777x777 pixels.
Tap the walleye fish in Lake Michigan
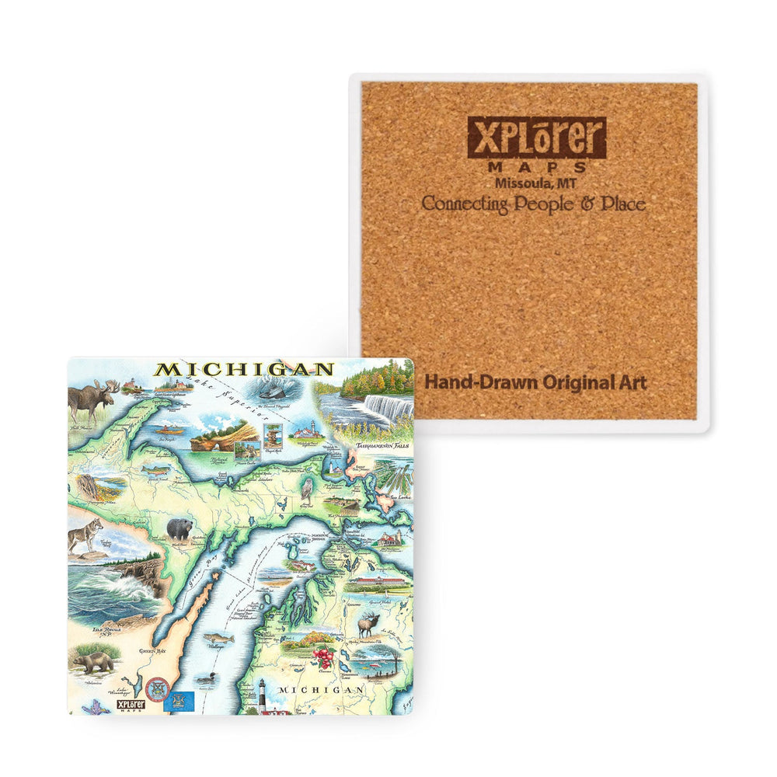pyautogui.click(x=218, y=639)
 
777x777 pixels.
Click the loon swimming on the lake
pyautogui.click(x=206, y=678)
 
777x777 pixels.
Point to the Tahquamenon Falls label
pyautogui.click(x=383, y=447)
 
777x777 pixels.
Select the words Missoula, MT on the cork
pyautogui.click(x=534, y=183)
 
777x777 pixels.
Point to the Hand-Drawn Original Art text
pyautogui.click(x=535, y=382)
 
